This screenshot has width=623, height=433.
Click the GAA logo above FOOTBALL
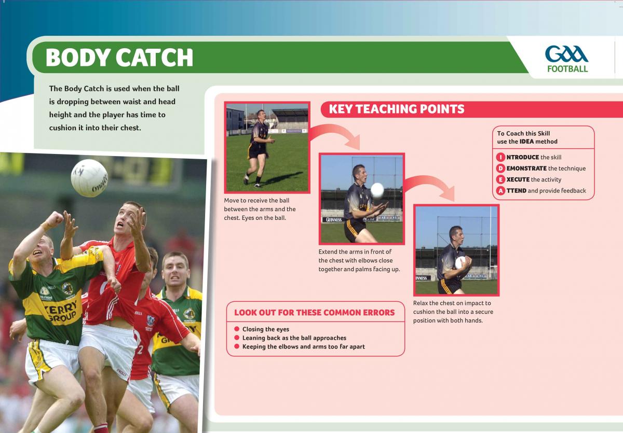tap(566, 54)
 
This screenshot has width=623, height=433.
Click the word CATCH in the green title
tap(154, 57)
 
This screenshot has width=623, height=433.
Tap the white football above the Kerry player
tap(89, 178)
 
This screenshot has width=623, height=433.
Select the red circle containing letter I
tap(500, 157)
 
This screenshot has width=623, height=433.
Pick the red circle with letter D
tap(500, 169)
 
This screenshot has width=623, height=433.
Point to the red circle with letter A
tap(500, 190)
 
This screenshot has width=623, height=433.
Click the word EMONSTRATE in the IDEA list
tap(526, 169)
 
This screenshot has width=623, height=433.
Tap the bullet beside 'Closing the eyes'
tap(237, 329)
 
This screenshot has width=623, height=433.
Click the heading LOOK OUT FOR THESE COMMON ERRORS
tap(314, 313)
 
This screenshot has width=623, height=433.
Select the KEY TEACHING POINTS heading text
tap(397, 109)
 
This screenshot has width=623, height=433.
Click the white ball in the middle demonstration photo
tap(377, 190)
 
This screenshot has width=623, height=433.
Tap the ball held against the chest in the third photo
tap(461, 262)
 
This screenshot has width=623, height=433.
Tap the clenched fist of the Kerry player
tap(55, 219)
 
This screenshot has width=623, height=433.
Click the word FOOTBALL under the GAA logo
tap(567, 68)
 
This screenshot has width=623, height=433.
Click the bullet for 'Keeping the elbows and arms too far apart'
tap(237, 346)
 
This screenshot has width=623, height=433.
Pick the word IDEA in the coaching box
tap(526, 142)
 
